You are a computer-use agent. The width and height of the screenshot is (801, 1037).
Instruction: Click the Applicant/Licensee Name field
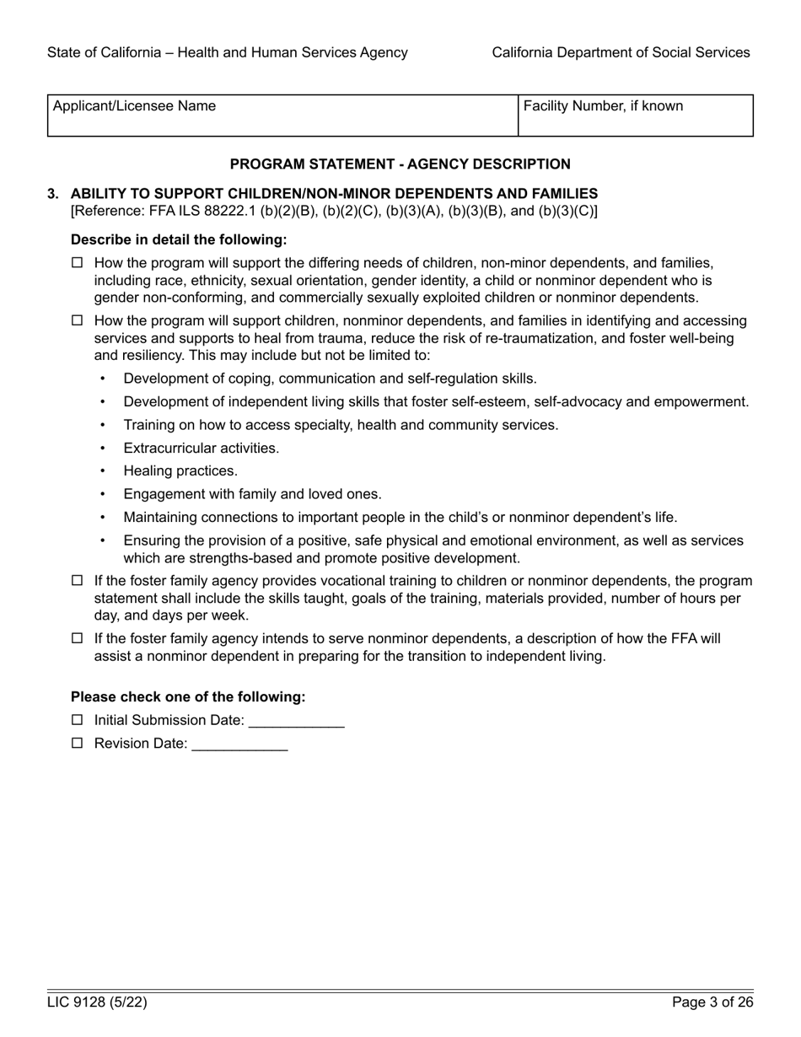tap(282, 116)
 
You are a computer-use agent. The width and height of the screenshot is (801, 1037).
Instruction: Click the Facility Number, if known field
tap(635, 116)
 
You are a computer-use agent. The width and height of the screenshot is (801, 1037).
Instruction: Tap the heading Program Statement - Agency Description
tap(400, 164)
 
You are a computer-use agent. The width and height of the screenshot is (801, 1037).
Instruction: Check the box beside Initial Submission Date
tap(78, 720)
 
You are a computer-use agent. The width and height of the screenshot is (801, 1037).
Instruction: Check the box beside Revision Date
tap(78, 744)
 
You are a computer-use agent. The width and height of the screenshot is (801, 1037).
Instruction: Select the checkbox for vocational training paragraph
tap(78, 581)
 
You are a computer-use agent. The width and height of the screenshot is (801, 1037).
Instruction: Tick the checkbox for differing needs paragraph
tap(78, 263)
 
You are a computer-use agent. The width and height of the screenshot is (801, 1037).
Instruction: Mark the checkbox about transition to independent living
tap(78, 639)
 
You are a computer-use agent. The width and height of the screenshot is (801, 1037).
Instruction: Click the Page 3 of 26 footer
tap(712, 1002)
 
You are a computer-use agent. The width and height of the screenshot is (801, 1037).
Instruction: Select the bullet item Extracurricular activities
tap(201, 449)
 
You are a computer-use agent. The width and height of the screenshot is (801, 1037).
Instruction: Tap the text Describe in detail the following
tap(179, 239)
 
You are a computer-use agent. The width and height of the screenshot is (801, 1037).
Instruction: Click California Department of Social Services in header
tap(621, 52)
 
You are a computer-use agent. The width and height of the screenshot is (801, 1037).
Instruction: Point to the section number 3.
tap(53, 194)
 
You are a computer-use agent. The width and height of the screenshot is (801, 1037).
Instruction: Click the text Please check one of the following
tap(188, 696)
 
